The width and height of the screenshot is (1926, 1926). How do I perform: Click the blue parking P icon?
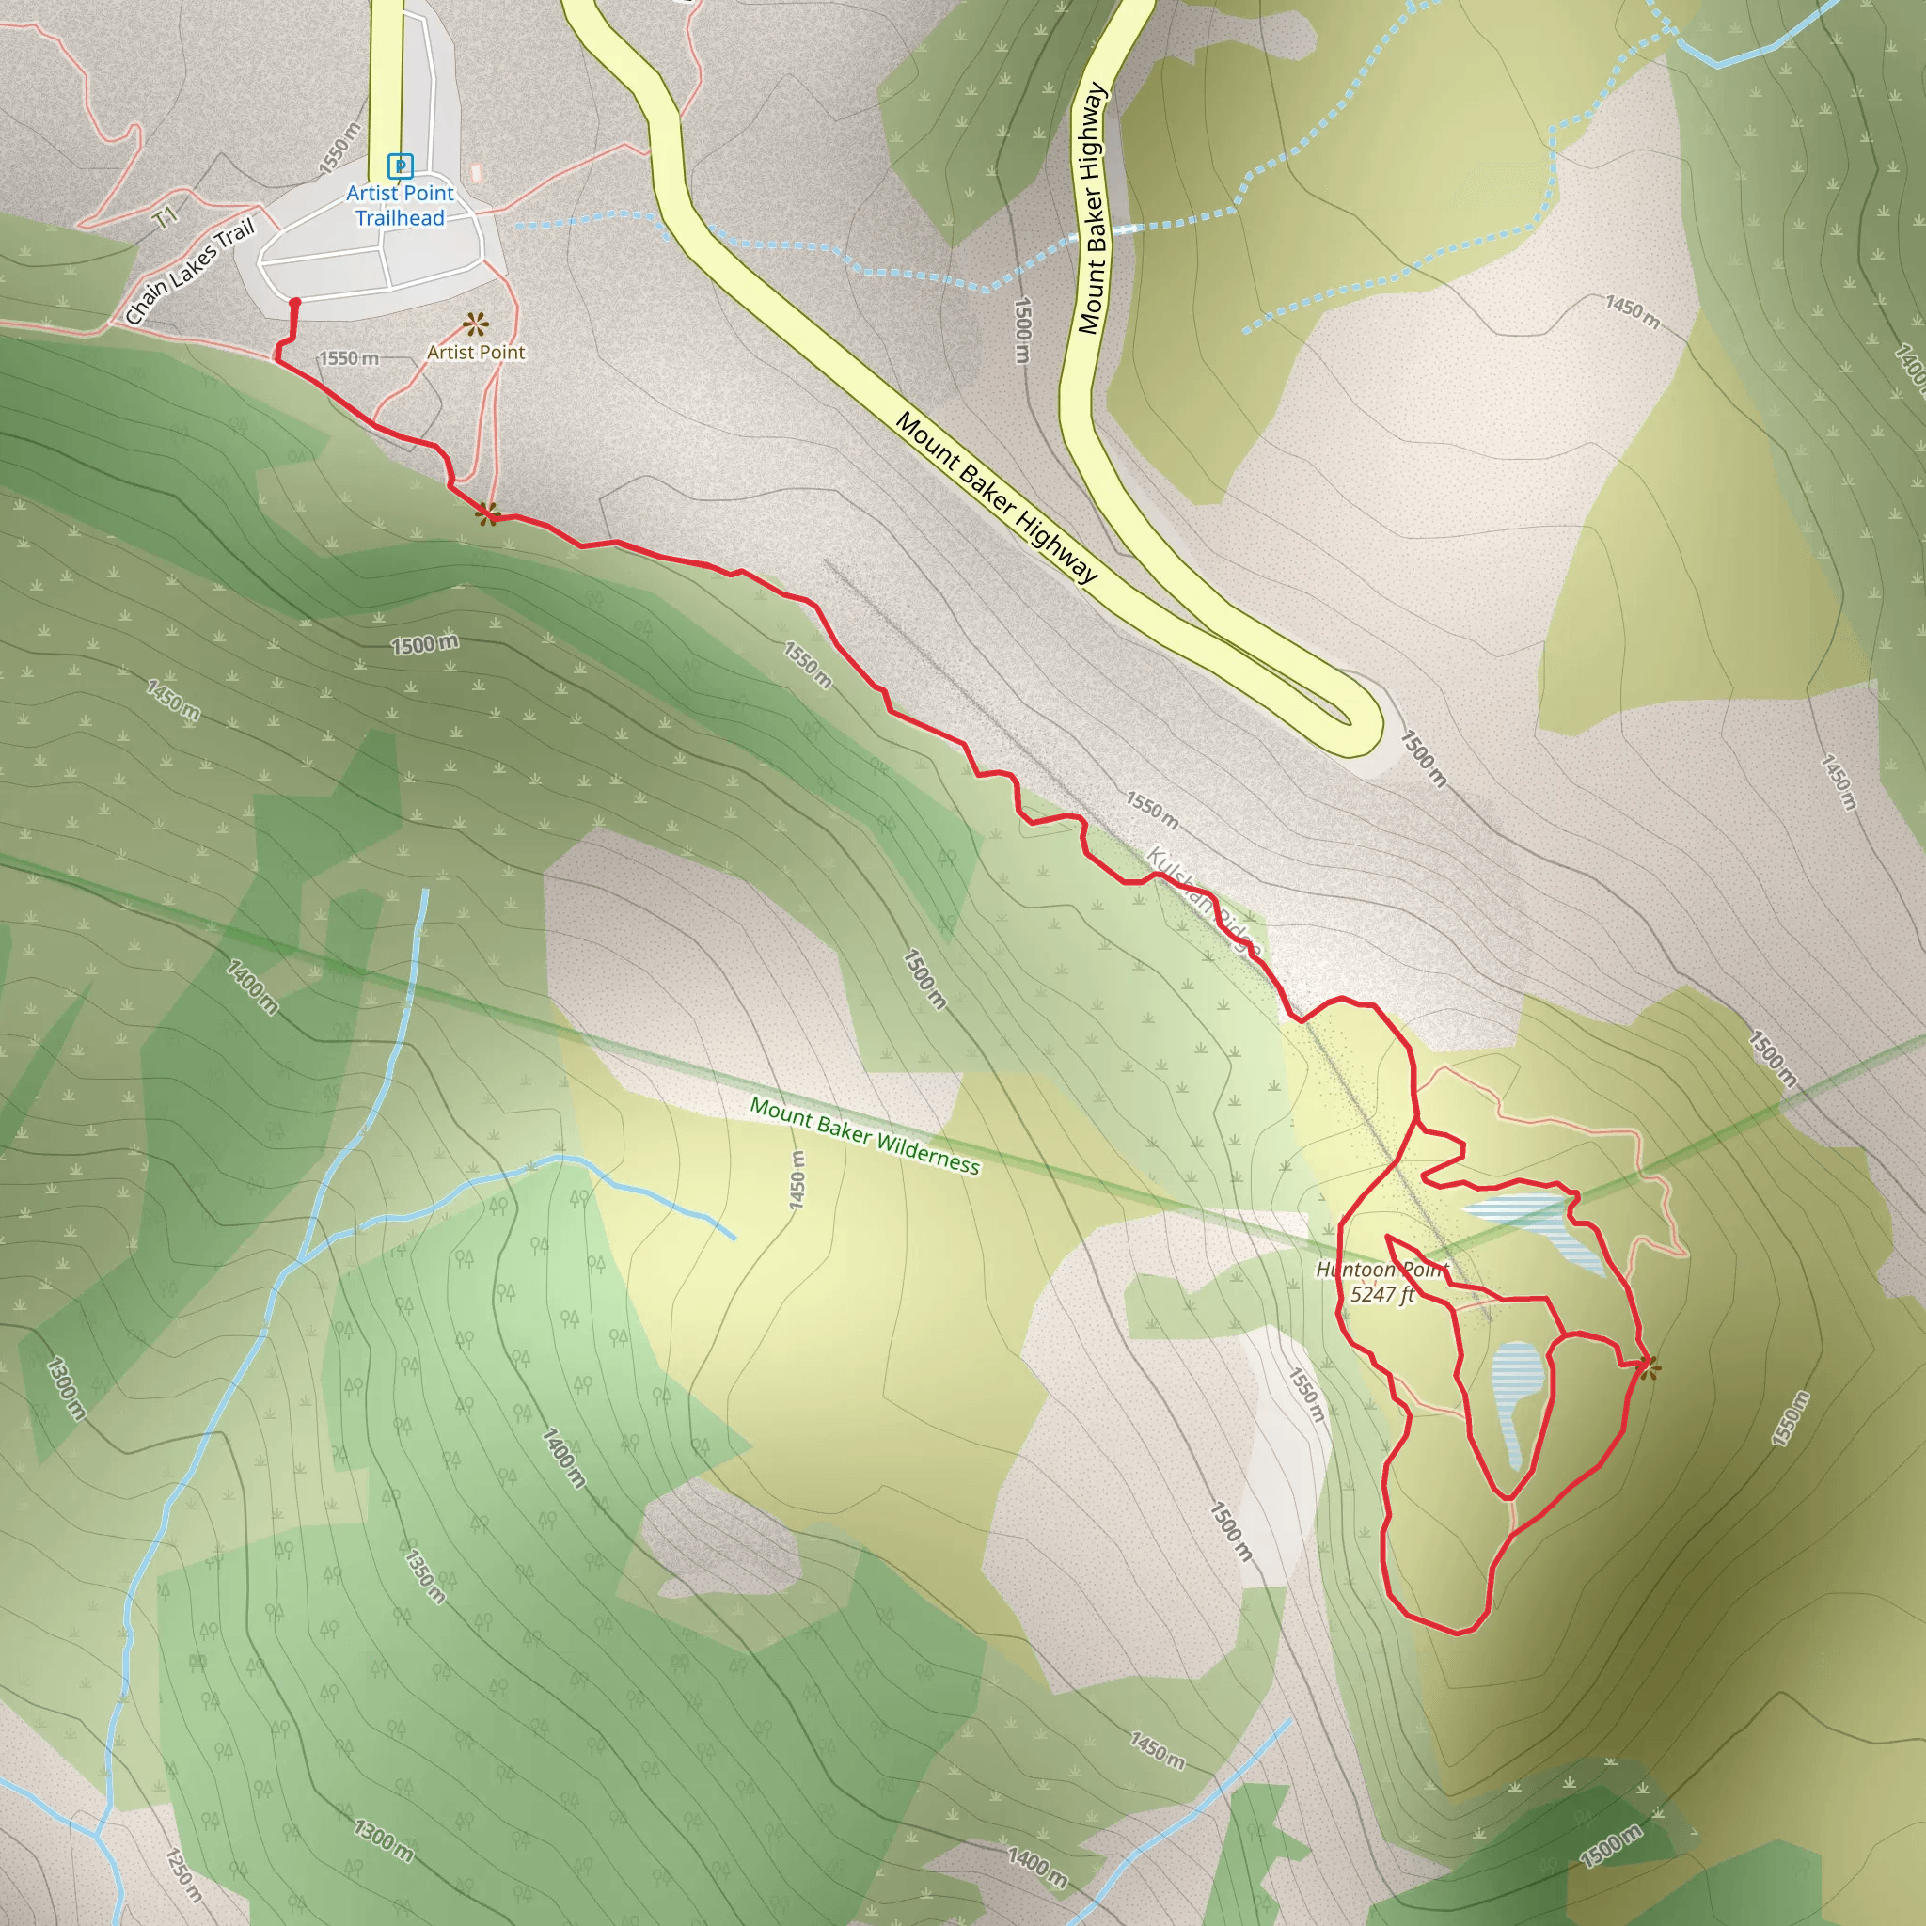coord(400,166)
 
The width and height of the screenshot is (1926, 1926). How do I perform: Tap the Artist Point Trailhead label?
coord(400,205)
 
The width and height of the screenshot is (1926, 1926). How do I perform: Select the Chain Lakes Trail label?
coord(189,272)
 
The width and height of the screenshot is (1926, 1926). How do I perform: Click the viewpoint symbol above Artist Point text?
coord(476,324)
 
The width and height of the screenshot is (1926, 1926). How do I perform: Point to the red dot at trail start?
coord(294,302)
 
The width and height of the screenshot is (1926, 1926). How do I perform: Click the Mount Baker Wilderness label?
coord(864,1135)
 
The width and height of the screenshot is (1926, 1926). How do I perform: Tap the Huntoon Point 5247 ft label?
coord(1381,1281)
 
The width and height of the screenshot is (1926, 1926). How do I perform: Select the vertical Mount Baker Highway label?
coord(1093,209)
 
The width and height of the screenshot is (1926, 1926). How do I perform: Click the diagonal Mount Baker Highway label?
coord(996,497)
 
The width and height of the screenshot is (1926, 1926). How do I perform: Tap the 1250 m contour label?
coord(183,1874)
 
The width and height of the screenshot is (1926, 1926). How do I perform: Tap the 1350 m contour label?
coord(425,1575)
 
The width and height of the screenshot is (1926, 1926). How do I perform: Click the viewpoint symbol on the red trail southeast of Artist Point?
coord(487,514)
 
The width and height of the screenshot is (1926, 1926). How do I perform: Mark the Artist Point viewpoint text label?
coord(476,352)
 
